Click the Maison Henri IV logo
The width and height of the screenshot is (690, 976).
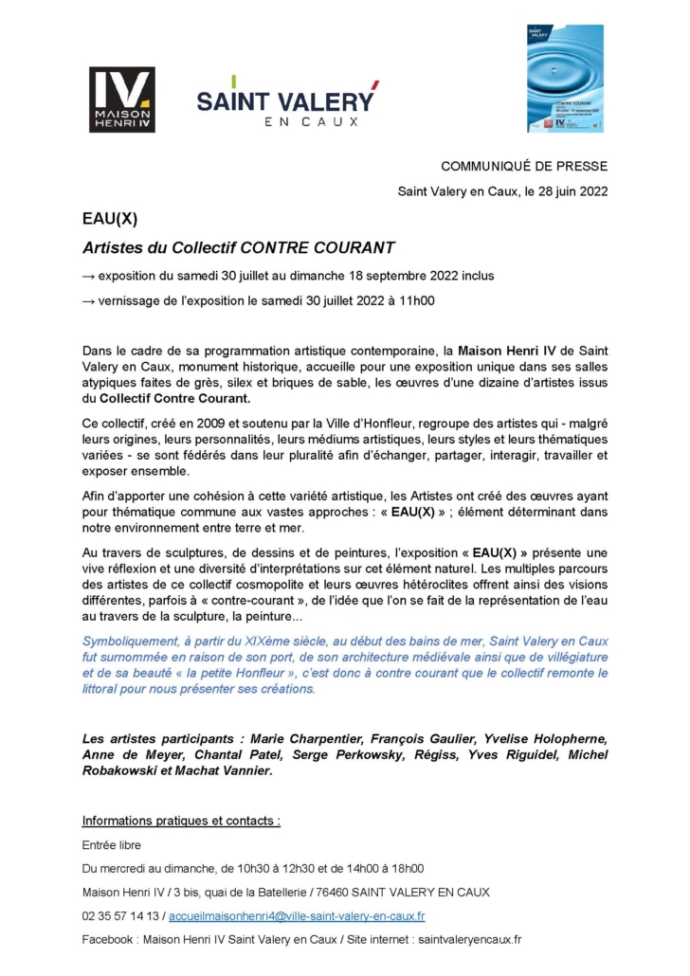pos(121,99)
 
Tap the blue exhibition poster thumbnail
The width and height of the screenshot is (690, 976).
pos(565,79)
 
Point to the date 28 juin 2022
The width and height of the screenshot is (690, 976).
pos(565,190)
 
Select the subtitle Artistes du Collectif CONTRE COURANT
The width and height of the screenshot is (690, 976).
pos(238,247)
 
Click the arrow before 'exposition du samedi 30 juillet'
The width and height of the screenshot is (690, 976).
pos(88,276)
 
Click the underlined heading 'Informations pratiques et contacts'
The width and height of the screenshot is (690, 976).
pos(181,820)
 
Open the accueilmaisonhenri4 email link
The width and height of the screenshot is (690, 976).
pos(298,916)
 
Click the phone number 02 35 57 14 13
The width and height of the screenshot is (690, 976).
pos(121,916)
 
